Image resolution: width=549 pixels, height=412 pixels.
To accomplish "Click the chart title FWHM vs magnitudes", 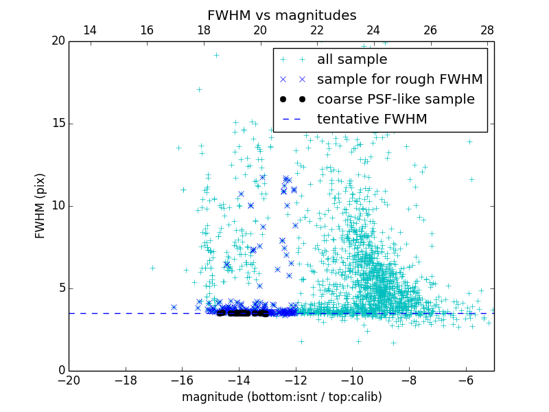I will (281, 15).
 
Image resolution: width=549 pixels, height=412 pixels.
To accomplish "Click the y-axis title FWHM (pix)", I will (40, 206).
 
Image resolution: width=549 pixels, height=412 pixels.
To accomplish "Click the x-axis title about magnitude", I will (281, 397).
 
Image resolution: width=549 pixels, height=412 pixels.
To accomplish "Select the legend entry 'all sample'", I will (352, 60).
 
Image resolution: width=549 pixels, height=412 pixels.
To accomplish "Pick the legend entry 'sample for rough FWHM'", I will (399, 80).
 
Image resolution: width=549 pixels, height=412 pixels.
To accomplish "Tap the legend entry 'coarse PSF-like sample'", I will (395, 100).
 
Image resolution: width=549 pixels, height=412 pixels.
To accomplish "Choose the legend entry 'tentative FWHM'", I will (372, 119).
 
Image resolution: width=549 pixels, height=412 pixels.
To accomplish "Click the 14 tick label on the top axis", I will (89, 30).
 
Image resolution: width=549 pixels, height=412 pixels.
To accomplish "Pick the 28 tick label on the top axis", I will (487, 30).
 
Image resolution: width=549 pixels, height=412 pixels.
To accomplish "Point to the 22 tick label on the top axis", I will (317, 30).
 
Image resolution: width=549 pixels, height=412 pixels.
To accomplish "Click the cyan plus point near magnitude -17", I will (152, 268).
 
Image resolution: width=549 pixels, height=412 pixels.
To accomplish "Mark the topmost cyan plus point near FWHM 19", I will (216, 56).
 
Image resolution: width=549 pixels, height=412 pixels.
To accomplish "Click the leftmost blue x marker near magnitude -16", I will (174, 307).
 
